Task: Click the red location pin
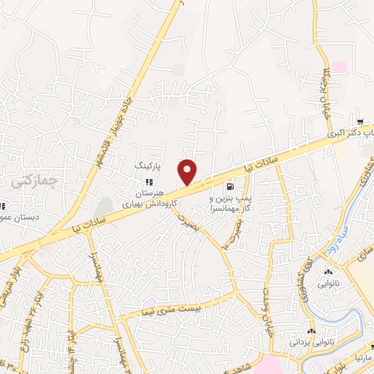188,172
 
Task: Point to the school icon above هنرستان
149,182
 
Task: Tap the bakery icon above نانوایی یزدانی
307,327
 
